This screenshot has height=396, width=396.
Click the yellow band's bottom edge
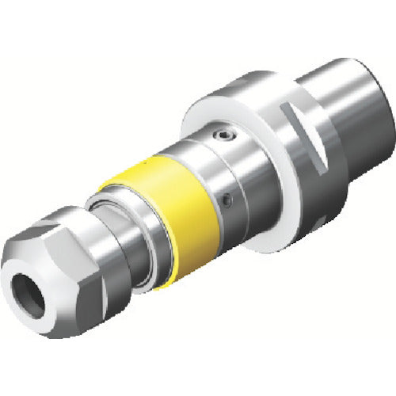pos(186,273)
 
